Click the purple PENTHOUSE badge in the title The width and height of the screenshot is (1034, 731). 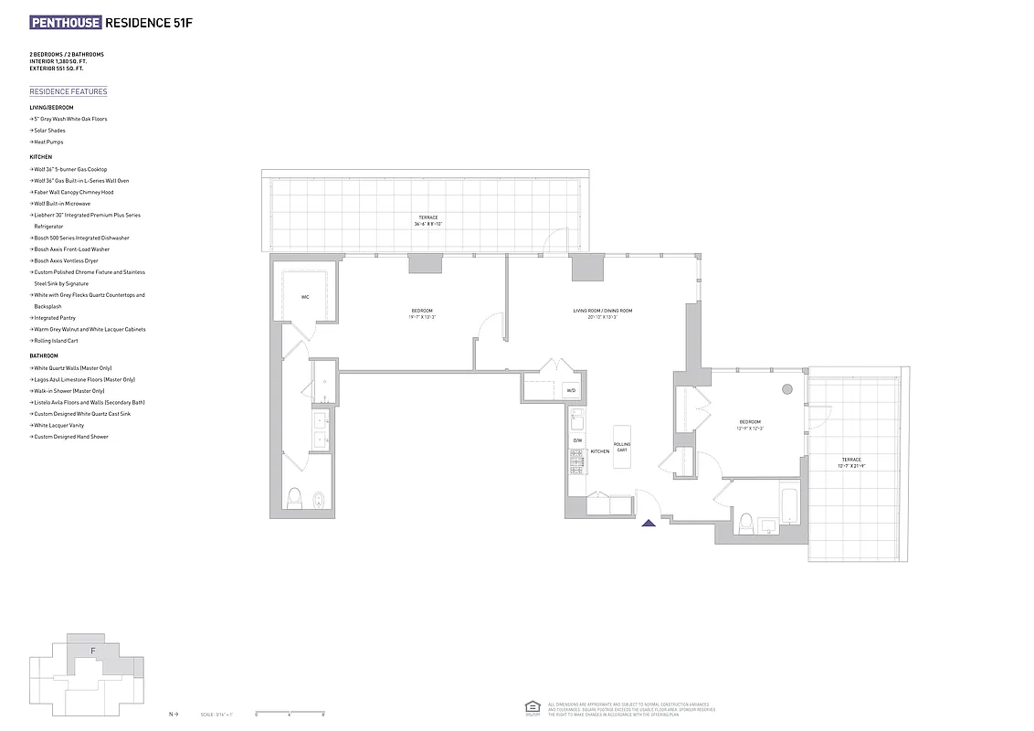coord(66,22)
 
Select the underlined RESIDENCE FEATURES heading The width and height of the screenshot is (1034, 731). coord(69,91)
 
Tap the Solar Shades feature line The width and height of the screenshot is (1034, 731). coord(49,131)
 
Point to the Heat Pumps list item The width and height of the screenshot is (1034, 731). coord(48,142)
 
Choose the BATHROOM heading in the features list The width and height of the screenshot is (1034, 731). coord(44,355)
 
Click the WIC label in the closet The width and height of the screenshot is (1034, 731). coord(305,297)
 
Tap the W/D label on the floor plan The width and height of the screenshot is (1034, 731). coord(571,391)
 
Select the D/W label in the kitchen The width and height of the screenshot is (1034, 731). coord(577,440)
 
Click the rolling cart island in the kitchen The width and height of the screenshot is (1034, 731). coord(622,447)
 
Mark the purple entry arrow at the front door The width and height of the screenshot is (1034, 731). coord(649,523)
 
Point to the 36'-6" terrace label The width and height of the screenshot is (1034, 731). coord(426,220)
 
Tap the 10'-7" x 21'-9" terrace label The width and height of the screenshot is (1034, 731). coord(850,462)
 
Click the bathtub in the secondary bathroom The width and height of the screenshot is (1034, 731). coord(790,505)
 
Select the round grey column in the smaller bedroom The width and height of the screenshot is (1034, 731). coord(787,388)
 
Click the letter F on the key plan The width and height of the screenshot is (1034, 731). coord(92,651)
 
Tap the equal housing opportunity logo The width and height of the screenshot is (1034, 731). coord(532,707)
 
